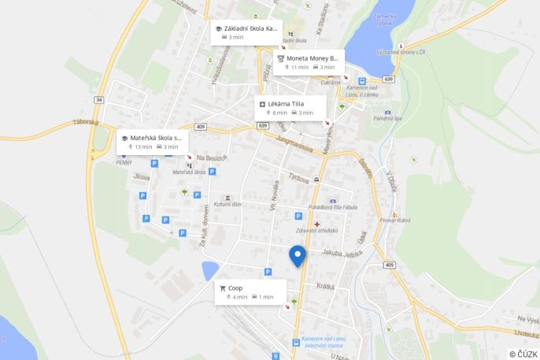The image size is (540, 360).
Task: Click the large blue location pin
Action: pyautogui.click(x=297, y=256)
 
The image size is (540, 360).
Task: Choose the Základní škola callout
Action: pyautogui.click(x=246, y=32)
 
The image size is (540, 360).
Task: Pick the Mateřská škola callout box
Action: pyautogui.click(x=152, y=142)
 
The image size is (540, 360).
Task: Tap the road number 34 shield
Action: pyautogui.click(x=98, y=100)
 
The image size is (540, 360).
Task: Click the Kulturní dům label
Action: pyautogui.click(x=227, y=203)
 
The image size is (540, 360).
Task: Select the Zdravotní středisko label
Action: pyautogui.click(x=316, y=230)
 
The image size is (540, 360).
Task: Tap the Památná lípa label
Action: pyautogui.click(x=387, y=118)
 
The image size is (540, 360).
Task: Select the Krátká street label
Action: pyautogui.click(x=325, y=287)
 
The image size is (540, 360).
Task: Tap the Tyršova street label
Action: pyautogui.click(x=299, y=178)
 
